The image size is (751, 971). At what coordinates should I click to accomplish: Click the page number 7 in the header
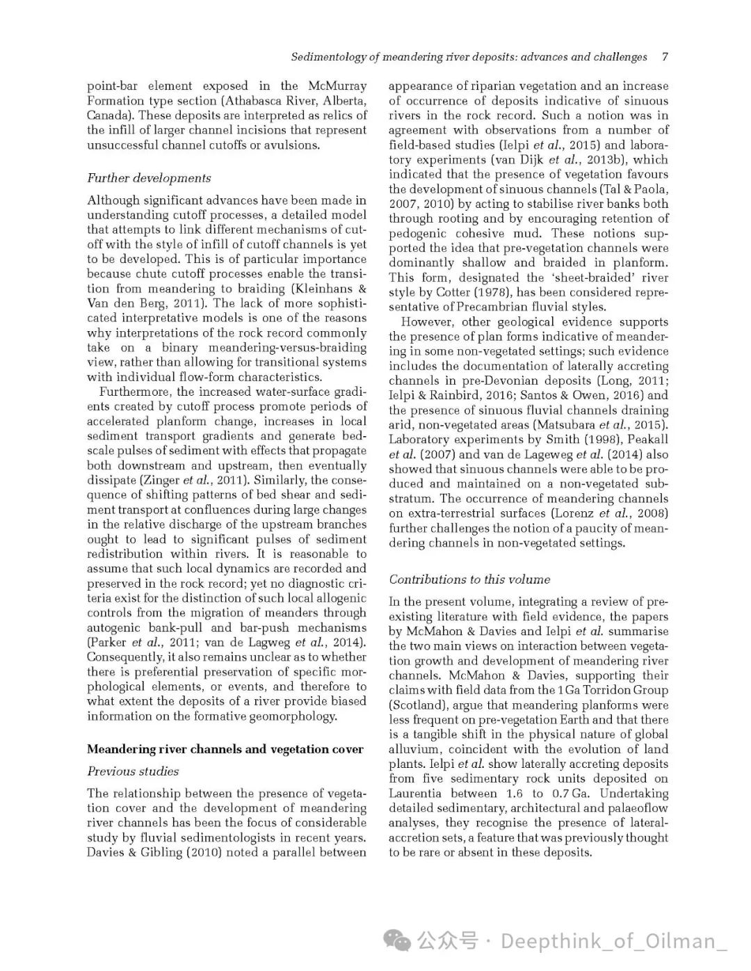pyautogui.click(x=665, y=57)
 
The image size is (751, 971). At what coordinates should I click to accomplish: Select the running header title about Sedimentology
pyautogui.click(x=469, y=57)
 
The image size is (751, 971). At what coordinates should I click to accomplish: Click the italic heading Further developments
pyautogui.click(x=149, y=178)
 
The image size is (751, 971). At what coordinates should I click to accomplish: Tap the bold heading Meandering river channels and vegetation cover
pyautogui.click(x=225, y=749)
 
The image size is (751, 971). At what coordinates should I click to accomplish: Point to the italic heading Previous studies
pyautogui.click(x=133, y=771)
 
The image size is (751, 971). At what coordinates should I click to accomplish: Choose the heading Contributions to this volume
pyautogui.click(x=469, y=579)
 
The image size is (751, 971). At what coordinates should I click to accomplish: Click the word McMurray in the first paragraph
pyautogui.click(x=337, y=86)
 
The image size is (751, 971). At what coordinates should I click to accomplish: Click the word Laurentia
pyautogui.click(x=414, y=794)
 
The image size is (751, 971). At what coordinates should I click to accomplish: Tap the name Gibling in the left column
pyautogui.click(x=156, y=853)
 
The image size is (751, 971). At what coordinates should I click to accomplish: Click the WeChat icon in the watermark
pyautogui.click(x=398, y=942)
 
